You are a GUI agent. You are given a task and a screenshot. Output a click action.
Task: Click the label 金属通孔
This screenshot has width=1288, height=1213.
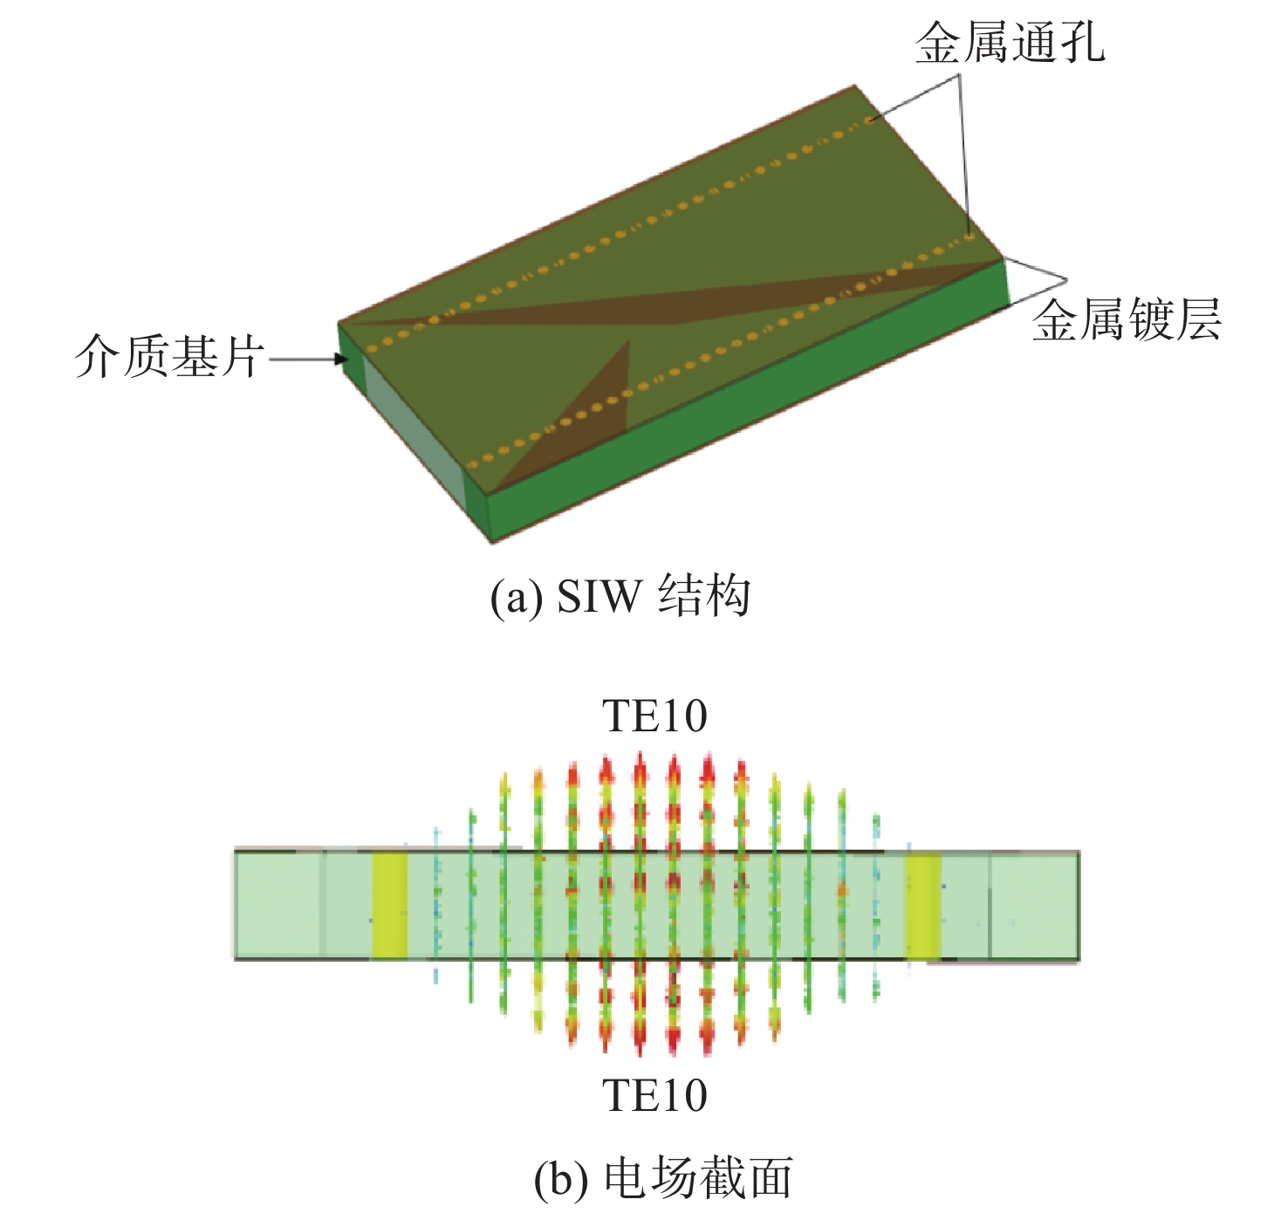point(1011,44)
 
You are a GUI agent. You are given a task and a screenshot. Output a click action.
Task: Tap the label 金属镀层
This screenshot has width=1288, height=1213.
point(1127,319)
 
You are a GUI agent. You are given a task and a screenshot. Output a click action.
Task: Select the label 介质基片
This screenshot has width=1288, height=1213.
point(170,357)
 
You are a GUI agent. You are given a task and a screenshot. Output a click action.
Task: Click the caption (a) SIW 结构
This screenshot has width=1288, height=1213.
point(620,595)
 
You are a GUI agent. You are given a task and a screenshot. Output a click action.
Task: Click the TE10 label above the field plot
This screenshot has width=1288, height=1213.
point(655,716)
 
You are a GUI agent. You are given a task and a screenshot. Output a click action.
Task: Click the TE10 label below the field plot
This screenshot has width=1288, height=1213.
point(655,1095)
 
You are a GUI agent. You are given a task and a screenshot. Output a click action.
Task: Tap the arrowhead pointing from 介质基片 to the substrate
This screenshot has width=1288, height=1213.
point(339,359)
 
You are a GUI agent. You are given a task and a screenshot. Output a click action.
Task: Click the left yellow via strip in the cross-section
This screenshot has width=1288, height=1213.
point(390,906)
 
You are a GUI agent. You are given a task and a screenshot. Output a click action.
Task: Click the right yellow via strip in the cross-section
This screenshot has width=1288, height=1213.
point(923,906)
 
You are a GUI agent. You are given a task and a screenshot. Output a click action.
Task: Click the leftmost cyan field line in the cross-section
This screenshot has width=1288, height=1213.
point(436,906)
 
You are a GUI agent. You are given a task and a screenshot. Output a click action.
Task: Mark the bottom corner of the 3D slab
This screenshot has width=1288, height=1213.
point(492,543)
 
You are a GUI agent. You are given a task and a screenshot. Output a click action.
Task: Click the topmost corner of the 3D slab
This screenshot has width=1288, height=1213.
point(854,85)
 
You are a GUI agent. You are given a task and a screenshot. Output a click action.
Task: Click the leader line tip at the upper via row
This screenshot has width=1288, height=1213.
point(870,120)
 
